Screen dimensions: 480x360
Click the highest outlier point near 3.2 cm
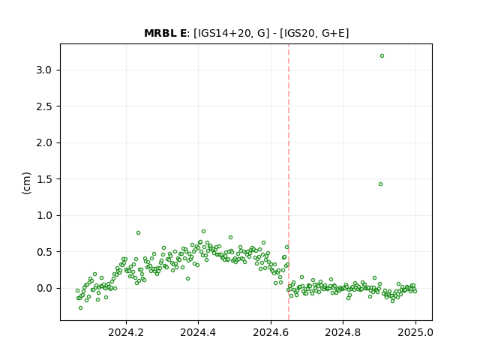pos(382,56)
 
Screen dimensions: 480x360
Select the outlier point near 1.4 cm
pos(380,184)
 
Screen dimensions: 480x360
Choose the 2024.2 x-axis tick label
pos(126,332)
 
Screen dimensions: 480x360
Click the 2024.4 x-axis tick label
pos(198,332)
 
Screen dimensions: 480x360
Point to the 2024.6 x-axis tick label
pos(271,332)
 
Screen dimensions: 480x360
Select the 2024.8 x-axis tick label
pos(343,332)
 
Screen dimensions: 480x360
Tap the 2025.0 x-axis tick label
pos(415,332)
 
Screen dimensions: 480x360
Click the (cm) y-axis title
pos(27,183)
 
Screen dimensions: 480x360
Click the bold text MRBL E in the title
pos(165,33)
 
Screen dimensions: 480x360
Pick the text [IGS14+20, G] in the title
pos(232,33)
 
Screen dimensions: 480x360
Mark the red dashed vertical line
pos(289,182)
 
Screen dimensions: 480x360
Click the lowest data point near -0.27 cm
pos(80,308)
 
